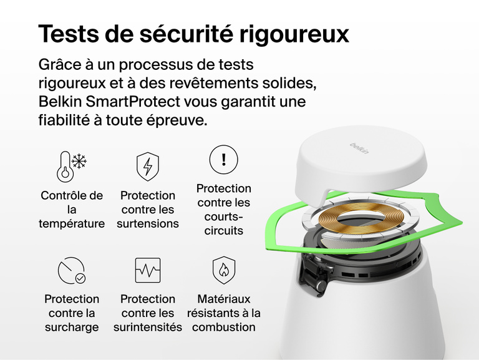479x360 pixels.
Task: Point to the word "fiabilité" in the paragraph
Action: (x=65, y=120)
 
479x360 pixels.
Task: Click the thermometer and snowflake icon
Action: (x=72, y=166)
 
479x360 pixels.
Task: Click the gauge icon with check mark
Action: (x=72, y=270)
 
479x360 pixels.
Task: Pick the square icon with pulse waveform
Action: (x=148, y=270)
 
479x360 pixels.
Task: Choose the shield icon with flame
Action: (x=224, y=270)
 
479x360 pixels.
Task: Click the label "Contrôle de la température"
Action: (x=72, y=210)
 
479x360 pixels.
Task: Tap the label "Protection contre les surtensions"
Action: (x=148, y=210)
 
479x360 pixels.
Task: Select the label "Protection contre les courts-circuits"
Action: (x=224, y=210)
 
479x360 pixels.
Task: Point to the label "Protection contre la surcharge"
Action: (x=72, y=313)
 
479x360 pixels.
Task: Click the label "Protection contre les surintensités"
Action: (x=148, y=313)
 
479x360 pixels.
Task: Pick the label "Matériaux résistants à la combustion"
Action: (x=224, y=313)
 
